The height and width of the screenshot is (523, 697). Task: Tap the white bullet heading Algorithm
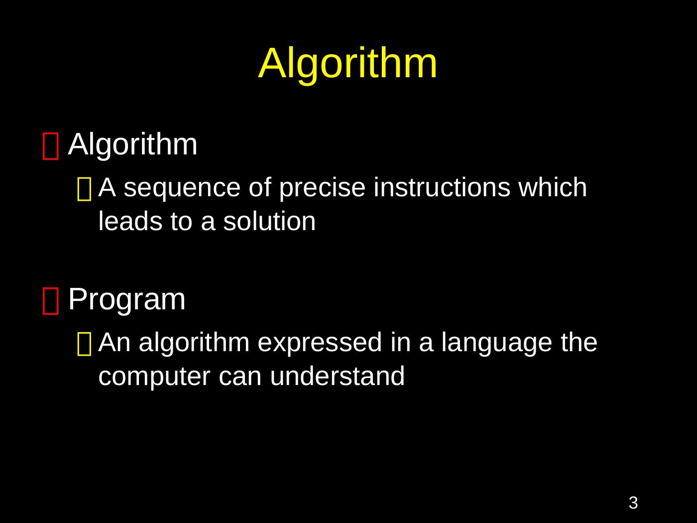(x=133, y=144)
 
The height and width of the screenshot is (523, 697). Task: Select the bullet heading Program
(x=126, y=300)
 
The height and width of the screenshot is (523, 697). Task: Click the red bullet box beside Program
(x=50, y=301)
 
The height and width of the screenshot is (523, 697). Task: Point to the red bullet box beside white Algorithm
(x=50, y=146)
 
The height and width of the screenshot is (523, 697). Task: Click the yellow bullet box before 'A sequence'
(x=85, y=189)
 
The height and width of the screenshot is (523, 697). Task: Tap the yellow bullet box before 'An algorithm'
(x=85, y=344)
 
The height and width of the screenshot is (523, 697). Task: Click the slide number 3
(x=633, y=503)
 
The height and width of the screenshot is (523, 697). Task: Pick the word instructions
(x=442, y=187)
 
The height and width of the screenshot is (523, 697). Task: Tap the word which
(x=553, y=187)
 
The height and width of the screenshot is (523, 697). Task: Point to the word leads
(x=130, y=221)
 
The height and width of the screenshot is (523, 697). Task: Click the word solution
(x=269, y=221)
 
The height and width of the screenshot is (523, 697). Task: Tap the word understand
(x=337, y=376)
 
